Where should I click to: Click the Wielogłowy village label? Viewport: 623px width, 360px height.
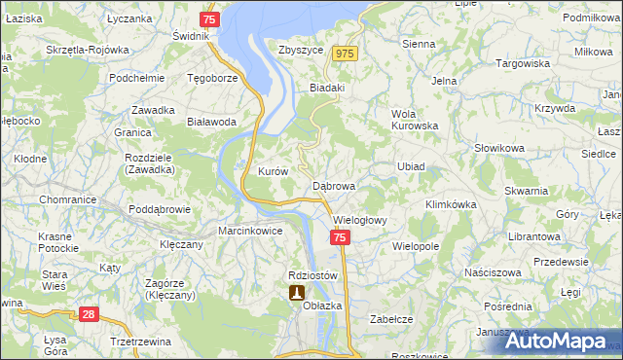coord(359,220)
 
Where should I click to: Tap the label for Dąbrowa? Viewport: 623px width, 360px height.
coord(334,185)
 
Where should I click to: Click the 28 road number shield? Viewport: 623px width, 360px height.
coord(88,314)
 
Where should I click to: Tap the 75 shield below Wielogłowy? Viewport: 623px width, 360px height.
coord(339,237)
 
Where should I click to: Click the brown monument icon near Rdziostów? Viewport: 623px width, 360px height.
coord(296,292)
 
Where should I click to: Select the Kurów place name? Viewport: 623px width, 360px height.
coord(273,171)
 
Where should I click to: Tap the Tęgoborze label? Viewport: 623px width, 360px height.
coord(212,78)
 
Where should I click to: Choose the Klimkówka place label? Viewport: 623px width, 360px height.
coord(450,205)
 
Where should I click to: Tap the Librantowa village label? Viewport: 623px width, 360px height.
coord(534,236)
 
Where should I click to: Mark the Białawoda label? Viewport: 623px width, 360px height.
coord(211,122)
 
